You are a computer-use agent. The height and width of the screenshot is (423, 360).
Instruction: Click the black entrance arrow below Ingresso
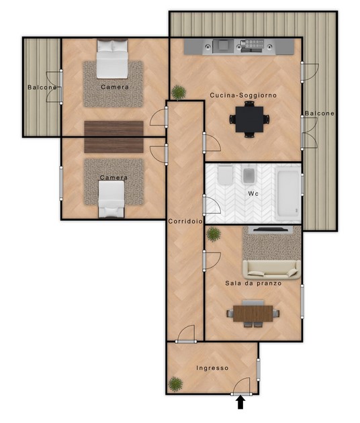pyautogui.click(x=240, y=403)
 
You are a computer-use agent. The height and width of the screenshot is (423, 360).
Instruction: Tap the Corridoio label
pyautogui.click(x=185, y=222)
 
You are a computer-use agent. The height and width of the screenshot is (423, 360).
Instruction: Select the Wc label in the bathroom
pyautogui.click(x=253, y=193)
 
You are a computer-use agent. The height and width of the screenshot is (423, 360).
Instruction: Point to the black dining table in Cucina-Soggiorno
pyautogui.click(x=249, y=119)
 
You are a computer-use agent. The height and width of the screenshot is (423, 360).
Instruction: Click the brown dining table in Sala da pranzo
pyautogui.click(x=253, y=314)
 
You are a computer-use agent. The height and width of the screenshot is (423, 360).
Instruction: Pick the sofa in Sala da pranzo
pyautogui.click(x=271, y=270)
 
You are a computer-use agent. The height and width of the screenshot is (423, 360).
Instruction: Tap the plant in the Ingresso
pyautogui.click(x=175, y=384)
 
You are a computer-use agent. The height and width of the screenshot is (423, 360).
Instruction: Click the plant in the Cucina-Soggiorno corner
pyautogui.click(x=179, y=93)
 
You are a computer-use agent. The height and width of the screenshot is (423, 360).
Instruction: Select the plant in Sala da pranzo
pyautogui.click(x=214, y=234)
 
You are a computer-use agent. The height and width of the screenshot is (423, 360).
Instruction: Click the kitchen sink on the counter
pyautogui.click(x=222, y=45)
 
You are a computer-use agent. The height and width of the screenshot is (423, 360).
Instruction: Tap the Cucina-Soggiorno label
pyautogui.click(x=243, y=95)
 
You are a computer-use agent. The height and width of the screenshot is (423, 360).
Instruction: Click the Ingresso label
pyautogui.click(x=212, y=368)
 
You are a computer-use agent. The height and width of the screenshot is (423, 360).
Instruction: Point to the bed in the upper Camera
pyautogui.click(x=112, y=59)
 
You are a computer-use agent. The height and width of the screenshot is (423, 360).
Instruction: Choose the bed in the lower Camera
pyautogui.click(x=111, y=199)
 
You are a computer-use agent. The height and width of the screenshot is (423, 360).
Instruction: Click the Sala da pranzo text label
pyautogui.click(x=253, y=283)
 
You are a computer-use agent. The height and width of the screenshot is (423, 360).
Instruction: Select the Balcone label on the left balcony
pyautogui.click(x=42, y=87)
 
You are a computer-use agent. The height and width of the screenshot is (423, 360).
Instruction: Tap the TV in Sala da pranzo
pyautogui.click(x=270, y=230)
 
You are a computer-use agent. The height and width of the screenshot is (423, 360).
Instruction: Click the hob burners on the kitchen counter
pyautogui.click(x=252, y=45)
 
